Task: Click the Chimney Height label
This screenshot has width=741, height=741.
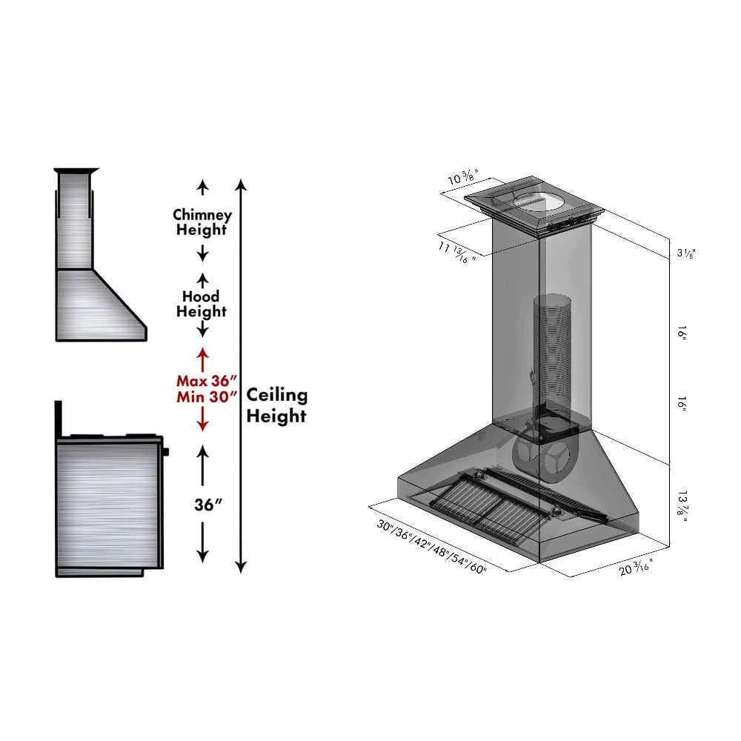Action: [x=202, y=222]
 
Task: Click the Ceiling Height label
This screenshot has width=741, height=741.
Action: [x=276, y=405]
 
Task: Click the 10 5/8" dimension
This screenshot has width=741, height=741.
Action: [x=464, y=179]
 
